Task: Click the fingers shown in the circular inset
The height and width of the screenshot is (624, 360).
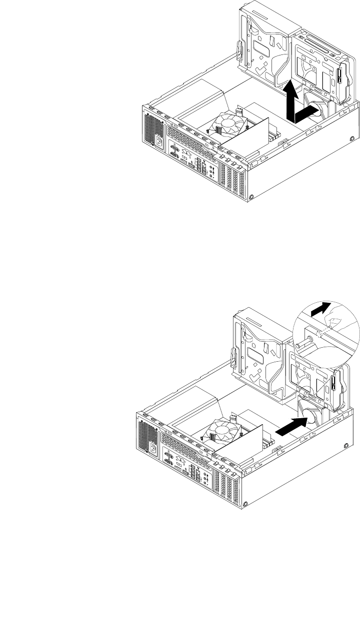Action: (x=336, y=322)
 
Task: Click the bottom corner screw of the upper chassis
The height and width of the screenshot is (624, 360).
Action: (x=252, y=196)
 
